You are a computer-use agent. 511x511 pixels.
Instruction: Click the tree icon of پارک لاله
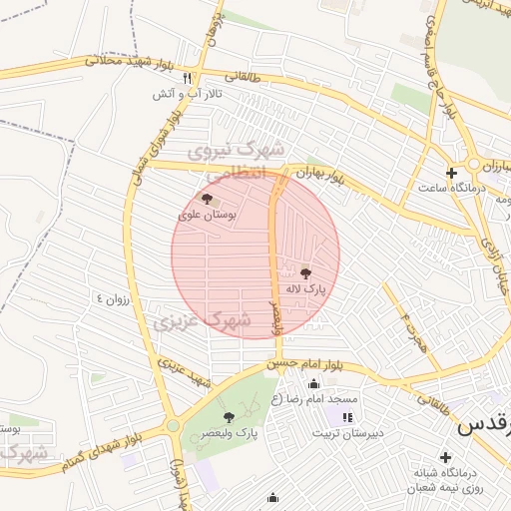(304, 271)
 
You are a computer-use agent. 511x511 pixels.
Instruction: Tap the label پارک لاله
(305, 289)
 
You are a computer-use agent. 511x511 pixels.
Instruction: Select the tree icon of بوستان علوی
(207, 199)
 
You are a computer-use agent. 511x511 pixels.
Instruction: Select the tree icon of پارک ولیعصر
(229, 417)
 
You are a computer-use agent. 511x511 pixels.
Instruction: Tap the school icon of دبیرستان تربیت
(346, 417)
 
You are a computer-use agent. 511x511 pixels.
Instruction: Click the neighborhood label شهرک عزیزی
(194, 318)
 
